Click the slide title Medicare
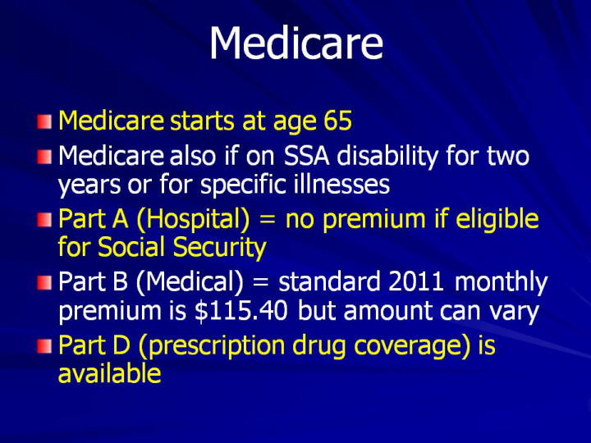(x=296, y=43)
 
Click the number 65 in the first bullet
(x=337, y=121)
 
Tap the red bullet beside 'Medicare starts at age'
(x=44, y=122)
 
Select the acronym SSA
(x=306, y=156)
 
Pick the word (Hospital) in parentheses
(x=193, y=221)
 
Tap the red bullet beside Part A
(x=44, y=220)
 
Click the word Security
(x=220, y=249)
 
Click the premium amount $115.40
(x=241, y=311)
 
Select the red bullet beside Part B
(x=44, y=282)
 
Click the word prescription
(x=217, y=346)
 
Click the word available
(x=110, y=373)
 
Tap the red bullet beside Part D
(x=44, y=346)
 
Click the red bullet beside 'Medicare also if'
(x=44, y=157)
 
